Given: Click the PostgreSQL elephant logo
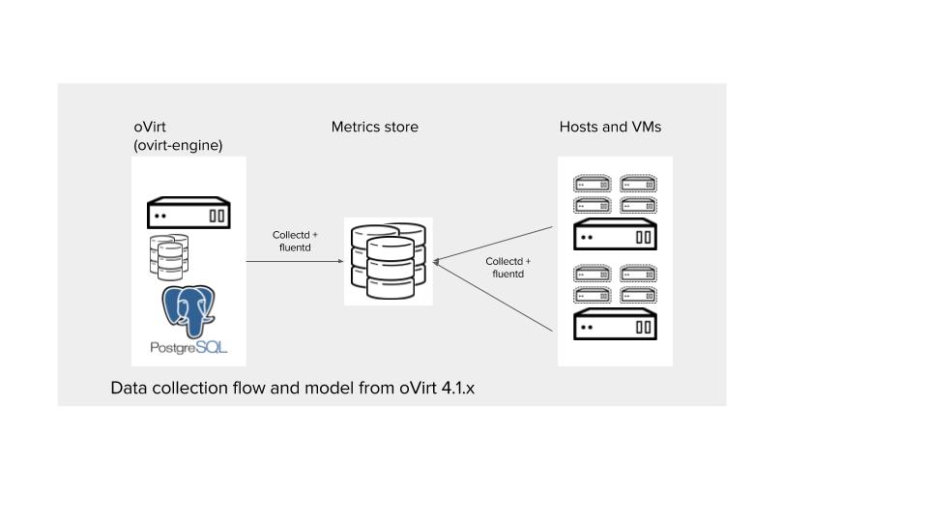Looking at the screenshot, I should [189, 308].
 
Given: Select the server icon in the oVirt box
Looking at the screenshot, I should [189, 214].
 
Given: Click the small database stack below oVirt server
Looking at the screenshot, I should [167, 256].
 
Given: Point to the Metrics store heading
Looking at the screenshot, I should [375, 127].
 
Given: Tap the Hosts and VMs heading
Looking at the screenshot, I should [610, 127].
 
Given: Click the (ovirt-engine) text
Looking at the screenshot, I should [179, 145].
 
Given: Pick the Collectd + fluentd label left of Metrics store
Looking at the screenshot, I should [293, 242].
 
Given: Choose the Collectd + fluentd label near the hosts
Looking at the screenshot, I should [507, 268].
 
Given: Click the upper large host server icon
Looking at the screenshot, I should [615, 235].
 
